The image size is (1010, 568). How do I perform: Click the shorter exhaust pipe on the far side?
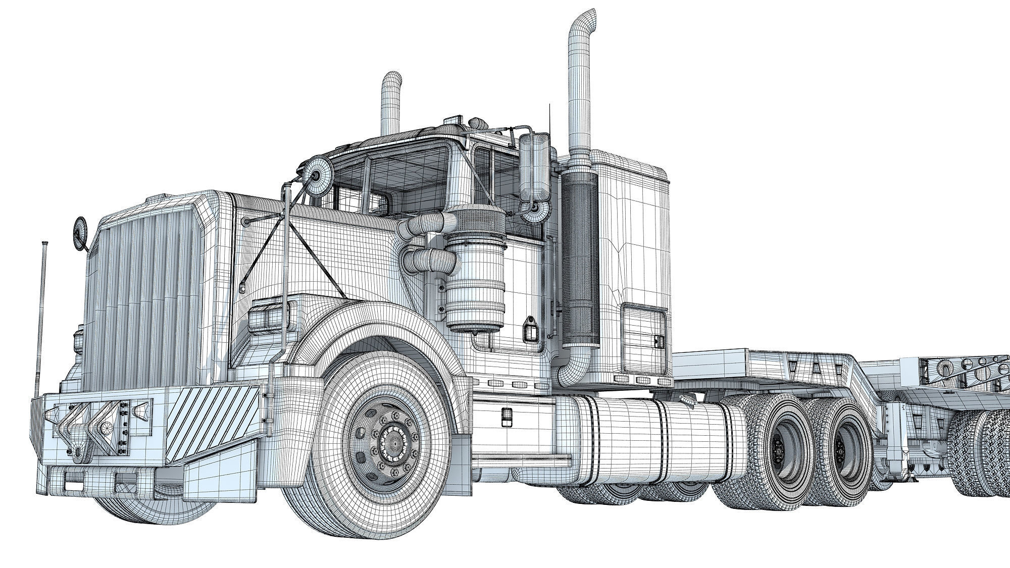391,101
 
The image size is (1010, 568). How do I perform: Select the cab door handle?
530,328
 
